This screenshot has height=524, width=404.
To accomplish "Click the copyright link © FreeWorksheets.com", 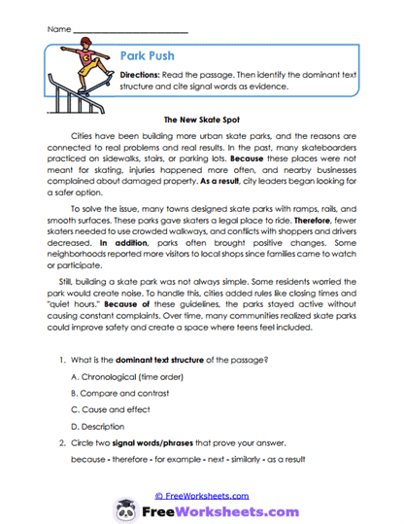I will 201,495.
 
